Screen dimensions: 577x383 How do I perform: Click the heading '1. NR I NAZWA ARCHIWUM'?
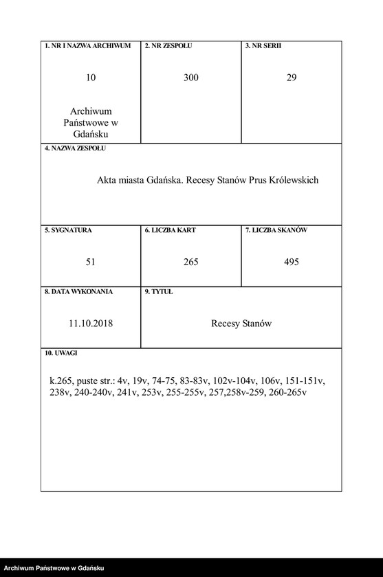87,46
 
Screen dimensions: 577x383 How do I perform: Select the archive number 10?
91,78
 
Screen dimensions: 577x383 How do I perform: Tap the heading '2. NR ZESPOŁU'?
168,46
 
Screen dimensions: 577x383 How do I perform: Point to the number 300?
191,78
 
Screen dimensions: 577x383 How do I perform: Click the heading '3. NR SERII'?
263,46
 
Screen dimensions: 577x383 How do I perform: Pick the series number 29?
292,78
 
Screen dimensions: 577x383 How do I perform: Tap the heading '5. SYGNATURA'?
68,230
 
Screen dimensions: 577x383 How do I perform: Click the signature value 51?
91,262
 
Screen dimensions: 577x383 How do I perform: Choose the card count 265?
191,262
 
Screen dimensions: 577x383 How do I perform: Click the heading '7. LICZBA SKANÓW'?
276,230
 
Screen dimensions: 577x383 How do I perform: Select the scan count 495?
292,262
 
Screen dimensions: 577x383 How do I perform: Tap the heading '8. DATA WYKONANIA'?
78,291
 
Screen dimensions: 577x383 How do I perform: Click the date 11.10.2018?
91,323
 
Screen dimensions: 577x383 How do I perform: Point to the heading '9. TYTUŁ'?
159,291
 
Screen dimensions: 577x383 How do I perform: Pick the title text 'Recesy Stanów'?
241,323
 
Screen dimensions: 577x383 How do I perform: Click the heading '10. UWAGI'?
61,352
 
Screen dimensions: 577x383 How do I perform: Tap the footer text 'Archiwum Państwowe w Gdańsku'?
54,568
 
